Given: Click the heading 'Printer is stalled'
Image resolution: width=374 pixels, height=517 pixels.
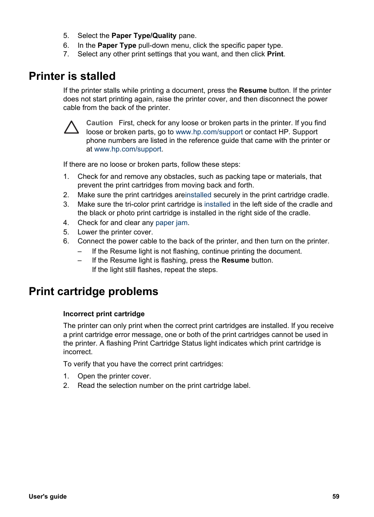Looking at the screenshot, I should pyautogui.click(x=72, y=76).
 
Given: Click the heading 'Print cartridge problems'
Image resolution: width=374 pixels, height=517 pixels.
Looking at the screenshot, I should pyautogui.click(x=93, y=291).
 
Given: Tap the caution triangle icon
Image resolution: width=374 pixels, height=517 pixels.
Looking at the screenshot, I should pyautogui.click(x=71, y=128).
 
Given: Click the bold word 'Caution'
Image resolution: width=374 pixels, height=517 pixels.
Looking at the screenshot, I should pyautogui.click(x=99, y=123).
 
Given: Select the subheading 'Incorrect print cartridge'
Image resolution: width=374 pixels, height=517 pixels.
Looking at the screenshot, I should pyautogui.click(x=104, y=314).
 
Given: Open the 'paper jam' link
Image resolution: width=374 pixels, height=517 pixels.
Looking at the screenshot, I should pyautogui.click(x=171, y=223).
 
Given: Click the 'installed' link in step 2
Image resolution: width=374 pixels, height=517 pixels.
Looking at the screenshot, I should pyautogui.click(x=198, y=195).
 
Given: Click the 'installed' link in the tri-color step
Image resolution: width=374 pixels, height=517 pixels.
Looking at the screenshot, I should pyautogui.click(x=217, y=204).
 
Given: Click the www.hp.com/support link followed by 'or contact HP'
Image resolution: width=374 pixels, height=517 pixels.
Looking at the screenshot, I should pyautogui.click(x=209, y=132).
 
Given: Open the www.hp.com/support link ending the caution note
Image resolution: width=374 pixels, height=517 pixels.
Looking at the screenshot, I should pyautogui.click(x=128, y=149).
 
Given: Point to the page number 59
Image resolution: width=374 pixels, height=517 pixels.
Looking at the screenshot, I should pyautogui.click(x=336, y=496).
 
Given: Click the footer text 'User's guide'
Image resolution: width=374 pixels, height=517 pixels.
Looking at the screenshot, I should pyautogui.click(x=47, y=496).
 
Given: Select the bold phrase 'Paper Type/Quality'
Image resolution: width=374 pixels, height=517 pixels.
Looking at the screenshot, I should pyautogui.click(x=144, y=36).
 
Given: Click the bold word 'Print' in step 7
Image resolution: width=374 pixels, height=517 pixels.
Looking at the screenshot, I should pyautogui.click(x=275, y=54).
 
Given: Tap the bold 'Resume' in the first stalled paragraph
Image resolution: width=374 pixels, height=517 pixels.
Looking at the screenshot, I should pyautogui.click(x=253, y=90).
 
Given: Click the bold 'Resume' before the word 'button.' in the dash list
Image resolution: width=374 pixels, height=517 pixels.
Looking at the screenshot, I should pyautogui.click(x=235, y=260).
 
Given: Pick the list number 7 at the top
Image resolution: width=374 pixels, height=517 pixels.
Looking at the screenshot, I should pyautogui.click(x=66, y=54).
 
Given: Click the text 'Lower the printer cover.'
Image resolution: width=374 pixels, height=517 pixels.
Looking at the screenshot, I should pyautogui.click(x=115, y=232).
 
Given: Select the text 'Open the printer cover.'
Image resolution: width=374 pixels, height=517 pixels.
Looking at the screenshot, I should pyautogui.click(x=114, y=376).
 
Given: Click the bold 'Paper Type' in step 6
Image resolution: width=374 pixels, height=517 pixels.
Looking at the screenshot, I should pyautogui.click(x=117, y=45).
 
